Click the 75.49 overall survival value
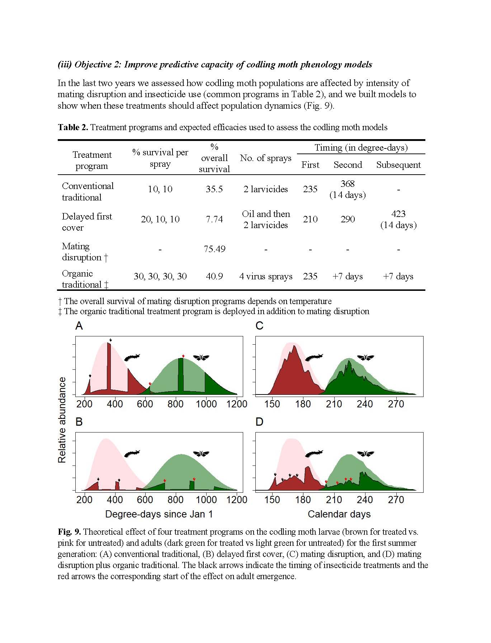pos(214,249)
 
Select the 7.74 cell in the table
pos(214,219)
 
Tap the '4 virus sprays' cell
pos(266,276)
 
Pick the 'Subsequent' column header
pos(398,165)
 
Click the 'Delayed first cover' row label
pos(87,222)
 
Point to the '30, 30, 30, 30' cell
pos(160,276)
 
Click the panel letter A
pos(79,326)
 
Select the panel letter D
pos(259,422)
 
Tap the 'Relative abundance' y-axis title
pos(62,420)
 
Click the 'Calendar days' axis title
pos(339,514)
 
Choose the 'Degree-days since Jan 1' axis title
pos(159,514)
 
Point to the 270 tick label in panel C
pos(396,404)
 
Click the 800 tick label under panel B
pos(175,500)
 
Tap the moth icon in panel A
pos(201,357)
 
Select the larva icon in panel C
pos(314,357)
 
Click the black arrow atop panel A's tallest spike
pos(110,340)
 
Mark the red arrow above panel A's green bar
pos(183,356)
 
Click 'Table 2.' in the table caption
pos(73,127)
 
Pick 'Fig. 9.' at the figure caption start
pos(69,532)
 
